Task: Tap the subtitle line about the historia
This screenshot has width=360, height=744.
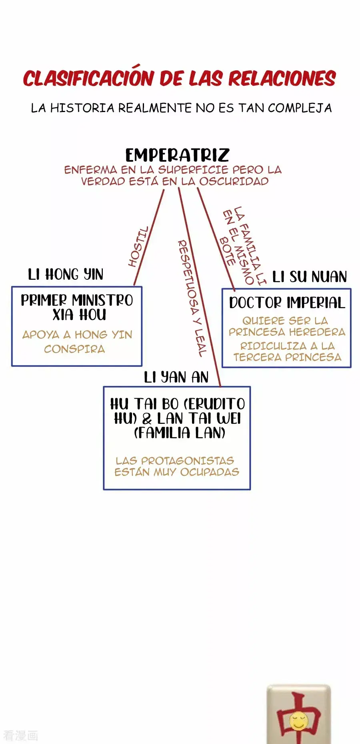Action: [181, 108]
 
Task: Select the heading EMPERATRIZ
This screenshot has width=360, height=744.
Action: [177, 155]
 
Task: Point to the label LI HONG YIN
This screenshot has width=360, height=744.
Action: [66, 275]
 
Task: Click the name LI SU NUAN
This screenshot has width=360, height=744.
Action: [309, 277]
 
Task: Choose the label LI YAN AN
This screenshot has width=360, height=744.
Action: [176, 377]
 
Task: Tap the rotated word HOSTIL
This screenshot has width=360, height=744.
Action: [138, 247]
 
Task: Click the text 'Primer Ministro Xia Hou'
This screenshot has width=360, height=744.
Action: [77, 307]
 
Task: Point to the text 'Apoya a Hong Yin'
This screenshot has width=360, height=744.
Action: [77, 334]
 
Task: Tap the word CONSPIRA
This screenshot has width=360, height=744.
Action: [74, 349]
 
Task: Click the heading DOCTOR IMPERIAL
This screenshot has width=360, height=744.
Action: [287, 303]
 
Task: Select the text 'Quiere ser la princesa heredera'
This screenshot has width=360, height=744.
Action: [287, 326]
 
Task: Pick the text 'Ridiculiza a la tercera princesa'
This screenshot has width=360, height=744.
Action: [287, 351]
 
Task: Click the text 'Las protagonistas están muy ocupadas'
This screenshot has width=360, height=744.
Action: [177, 466]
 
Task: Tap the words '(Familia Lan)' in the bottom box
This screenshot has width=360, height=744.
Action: [180, 433]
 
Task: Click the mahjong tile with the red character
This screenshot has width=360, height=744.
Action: [299, 714]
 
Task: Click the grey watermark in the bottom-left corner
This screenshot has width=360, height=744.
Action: [20, 735]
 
